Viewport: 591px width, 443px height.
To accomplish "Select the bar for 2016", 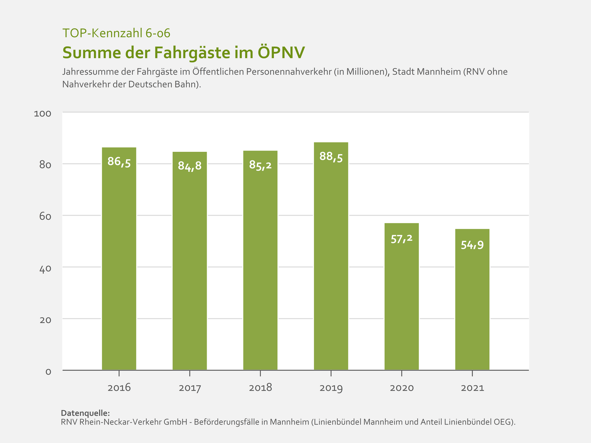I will coord(119,258).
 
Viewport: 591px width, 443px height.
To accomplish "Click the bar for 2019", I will coord(331,256).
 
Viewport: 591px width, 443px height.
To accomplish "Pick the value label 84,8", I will coord(190,166).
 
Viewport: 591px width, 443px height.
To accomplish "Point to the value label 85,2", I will coord(260,165).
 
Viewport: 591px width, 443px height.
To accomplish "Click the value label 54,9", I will coord(472,245).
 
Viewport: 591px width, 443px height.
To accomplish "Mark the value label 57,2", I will coord(402,239).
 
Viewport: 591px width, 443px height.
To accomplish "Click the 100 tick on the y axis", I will coord(43,114).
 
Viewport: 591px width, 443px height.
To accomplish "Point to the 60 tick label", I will coord(45,217).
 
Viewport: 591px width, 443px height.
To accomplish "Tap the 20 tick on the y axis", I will coord(45,320).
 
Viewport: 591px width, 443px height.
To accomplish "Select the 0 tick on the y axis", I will coord(48,372).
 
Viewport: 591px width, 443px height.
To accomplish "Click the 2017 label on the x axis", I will coord(190,388).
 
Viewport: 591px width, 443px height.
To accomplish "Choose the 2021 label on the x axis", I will coord(473,388).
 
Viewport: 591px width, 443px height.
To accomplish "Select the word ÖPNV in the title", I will coord(281,53).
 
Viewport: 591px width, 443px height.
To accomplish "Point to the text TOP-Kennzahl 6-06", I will coord(116,33).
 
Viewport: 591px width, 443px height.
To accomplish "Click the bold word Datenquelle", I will coord(85,413).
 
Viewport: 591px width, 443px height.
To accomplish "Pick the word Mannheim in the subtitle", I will coord(433,72).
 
